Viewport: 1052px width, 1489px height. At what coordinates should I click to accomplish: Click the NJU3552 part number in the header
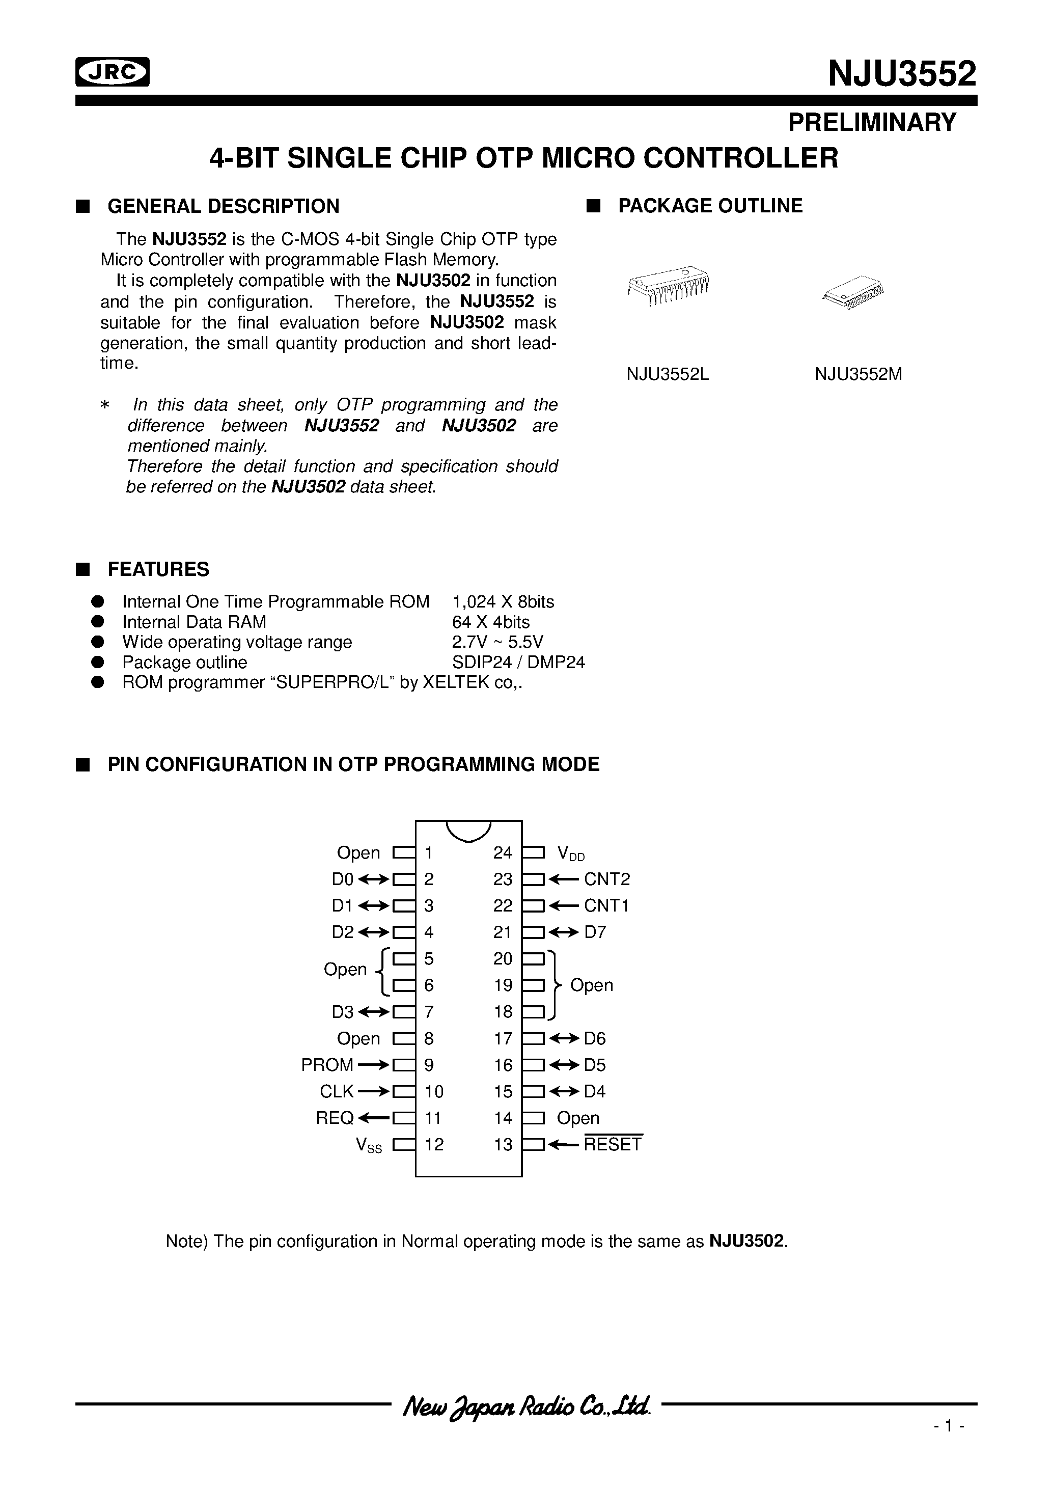901,73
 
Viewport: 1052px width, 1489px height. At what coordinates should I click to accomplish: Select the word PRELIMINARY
872,122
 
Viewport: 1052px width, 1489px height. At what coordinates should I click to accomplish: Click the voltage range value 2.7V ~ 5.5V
497,642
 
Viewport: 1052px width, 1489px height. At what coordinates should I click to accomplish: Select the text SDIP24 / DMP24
518,662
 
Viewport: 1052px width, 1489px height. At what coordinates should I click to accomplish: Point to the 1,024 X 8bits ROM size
503,602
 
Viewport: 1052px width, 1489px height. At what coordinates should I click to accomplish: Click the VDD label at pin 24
571,853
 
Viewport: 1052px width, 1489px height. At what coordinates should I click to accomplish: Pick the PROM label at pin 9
327,1065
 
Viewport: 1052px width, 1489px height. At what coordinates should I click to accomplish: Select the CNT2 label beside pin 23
606,879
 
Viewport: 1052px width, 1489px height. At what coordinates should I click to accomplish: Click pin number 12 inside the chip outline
434,1145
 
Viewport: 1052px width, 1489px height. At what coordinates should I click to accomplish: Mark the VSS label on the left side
368,1145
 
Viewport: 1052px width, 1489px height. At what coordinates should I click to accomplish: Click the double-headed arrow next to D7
564,932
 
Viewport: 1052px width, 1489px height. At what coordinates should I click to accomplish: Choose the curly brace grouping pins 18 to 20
554,986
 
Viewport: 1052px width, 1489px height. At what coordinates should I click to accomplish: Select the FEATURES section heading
158,569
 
